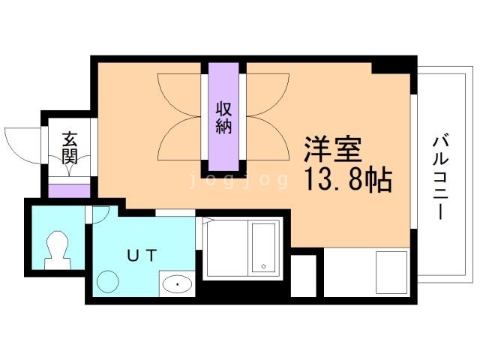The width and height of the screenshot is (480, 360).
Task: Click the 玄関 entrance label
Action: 70,147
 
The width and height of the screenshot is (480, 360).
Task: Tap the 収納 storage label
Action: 223,117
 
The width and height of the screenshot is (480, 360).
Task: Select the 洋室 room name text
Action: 332,148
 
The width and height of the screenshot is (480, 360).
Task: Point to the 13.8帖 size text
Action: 349,179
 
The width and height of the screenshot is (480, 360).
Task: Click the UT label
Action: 142,255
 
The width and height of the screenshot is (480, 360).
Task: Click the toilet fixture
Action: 57,247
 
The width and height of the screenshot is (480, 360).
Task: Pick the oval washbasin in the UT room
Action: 177,285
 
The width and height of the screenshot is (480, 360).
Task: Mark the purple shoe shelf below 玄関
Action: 69,189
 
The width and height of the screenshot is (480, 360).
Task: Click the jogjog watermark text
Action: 238,179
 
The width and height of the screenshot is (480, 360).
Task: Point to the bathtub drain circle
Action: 263,266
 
